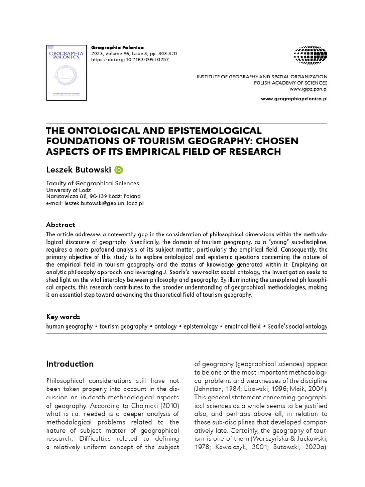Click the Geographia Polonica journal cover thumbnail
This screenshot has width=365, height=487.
click(67, 72)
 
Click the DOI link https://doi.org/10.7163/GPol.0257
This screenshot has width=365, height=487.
click(129, 60)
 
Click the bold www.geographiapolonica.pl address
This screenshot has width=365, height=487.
click(295, 98)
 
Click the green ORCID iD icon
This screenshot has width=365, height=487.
click(119, 170)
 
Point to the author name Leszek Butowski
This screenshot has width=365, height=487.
click(78, 170)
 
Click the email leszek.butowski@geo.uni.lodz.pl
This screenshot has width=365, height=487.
click(95, 203)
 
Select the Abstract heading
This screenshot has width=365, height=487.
click(60, 224)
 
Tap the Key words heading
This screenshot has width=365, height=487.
click(63, 317)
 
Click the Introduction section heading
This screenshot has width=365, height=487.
click(70, 364)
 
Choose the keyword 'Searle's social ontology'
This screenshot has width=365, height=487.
click(298, 327)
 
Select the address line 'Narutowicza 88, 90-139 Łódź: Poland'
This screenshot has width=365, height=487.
click(93, 196)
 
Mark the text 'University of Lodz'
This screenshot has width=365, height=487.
click(68, 190)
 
